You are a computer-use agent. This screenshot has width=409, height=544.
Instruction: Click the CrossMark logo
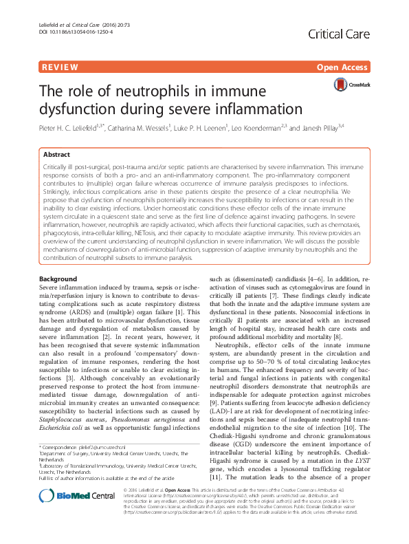(x=351, y=85)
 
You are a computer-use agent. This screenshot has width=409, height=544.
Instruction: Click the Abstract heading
(x=56, y=155)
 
